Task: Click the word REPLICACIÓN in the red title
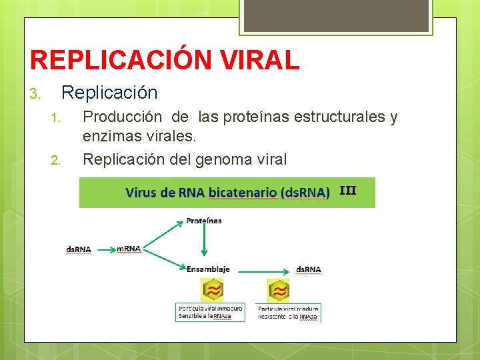tap(122, 60)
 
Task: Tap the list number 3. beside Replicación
tap(36, 93)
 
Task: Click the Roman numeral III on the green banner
tap(347, 191)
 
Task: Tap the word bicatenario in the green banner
tap(242, 193)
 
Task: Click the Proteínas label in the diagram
tap(203, 220)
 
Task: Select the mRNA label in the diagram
tap(129, 249)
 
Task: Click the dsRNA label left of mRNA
tap(78, 249)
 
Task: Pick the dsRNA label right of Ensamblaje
tap(308, 269)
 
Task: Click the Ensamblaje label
tap(208, 269)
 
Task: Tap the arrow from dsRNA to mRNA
tap(103, 249)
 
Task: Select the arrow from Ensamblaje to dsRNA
tap(263, 271)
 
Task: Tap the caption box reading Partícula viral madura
tap(288, 312)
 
